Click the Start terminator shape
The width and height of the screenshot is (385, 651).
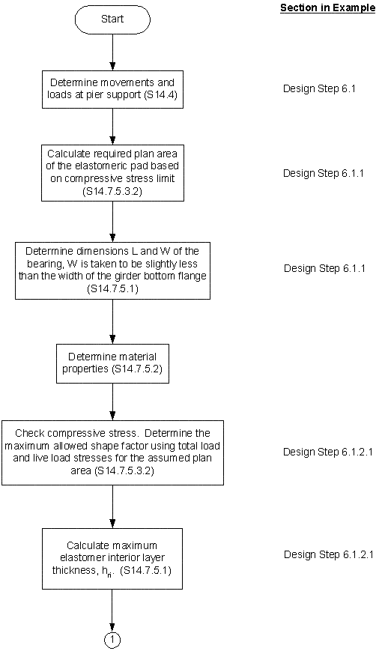click(x=112, y=18)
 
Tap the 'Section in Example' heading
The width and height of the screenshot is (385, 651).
click(x=327, y=8)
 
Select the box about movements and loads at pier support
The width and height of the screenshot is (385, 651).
click(x=112, y=88)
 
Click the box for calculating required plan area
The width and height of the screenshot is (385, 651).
click(x=112, y=172)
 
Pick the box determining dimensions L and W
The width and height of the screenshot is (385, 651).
click(x=112, y=270)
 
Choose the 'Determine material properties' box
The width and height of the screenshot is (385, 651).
click(x=112, y=362)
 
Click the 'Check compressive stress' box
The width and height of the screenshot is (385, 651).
click(x=112, y=452)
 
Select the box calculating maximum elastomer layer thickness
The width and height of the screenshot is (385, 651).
click(x=112, y=554)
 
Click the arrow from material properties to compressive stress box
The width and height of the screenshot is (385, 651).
click(x=112, y=401)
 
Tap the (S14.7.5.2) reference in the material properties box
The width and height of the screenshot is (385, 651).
click(x=140, y=369)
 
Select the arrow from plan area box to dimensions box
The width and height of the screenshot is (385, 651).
click(x=112, y=221)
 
